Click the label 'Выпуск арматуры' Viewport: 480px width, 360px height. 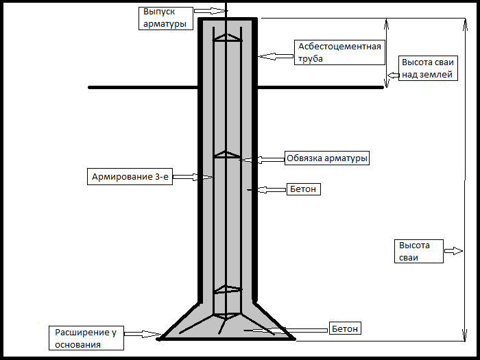pos(165,17)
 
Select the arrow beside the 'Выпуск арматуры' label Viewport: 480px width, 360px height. pos(203,12)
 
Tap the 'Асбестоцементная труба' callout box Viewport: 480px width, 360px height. pos(339,52)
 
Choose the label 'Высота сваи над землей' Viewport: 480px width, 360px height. pos(427,68)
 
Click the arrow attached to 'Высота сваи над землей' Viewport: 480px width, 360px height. pos(393,75)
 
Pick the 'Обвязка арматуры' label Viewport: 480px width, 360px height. pos(327,158)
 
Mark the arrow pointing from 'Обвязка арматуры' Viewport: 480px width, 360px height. pos(262,159)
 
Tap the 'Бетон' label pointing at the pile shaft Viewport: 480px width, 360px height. pos(303,189)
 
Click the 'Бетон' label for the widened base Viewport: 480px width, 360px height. pos(344,329)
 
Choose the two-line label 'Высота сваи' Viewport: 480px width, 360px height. pos(416,251)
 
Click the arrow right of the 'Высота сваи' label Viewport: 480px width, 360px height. pos(453,252)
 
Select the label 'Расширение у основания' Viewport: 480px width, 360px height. pos(86,339)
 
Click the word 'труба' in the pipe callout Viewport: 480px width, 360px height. pos(311,59)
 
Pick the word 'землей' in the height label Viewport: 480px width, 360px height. pos(437,75)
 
